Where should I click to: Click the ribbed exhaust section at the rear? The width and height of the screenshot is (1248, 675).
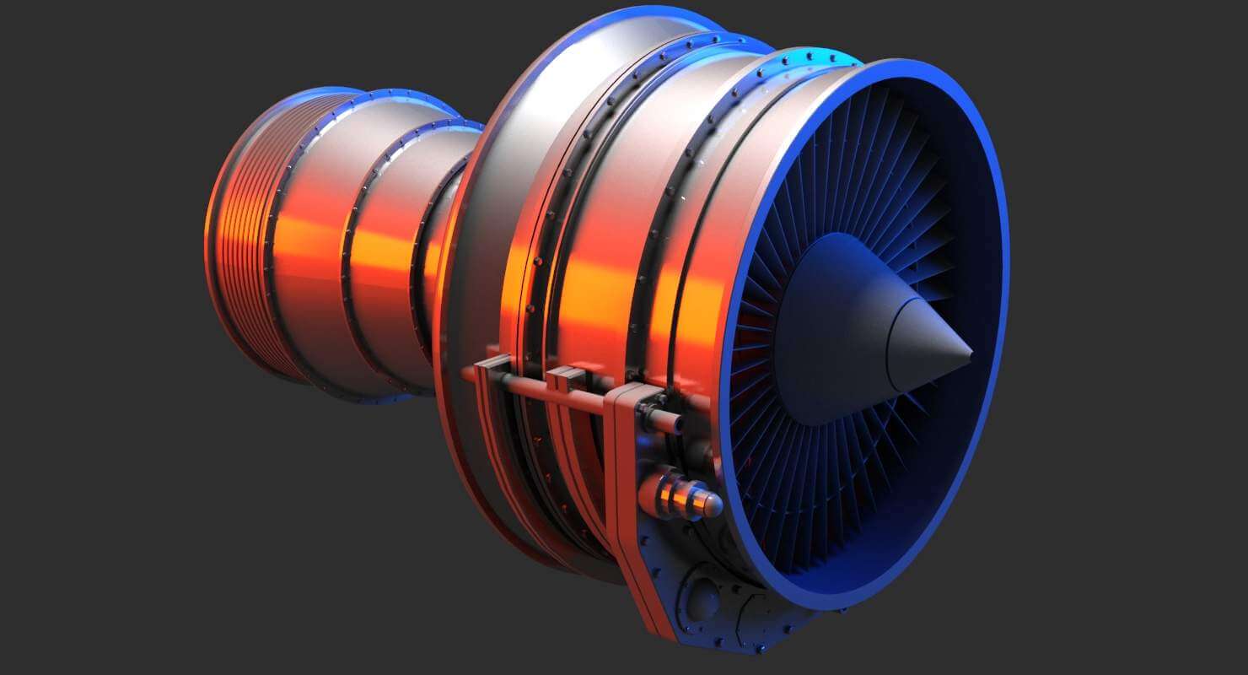240,236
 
